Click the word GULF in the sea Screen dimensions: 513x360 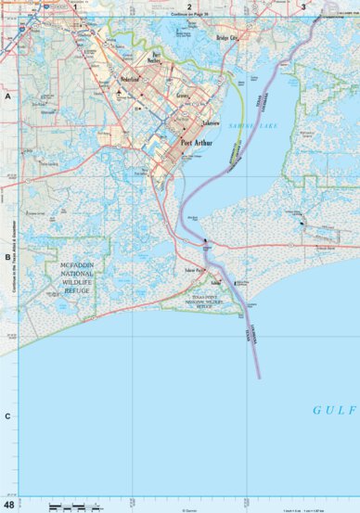point(328,409)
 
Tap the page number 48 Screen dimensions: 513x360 point(8,505)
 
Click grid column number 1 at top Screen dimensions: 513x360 point(73,6)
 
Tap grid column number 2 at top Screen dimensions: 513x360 point(188,6)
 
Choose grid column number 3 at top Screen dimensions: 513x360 point(303,6)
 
